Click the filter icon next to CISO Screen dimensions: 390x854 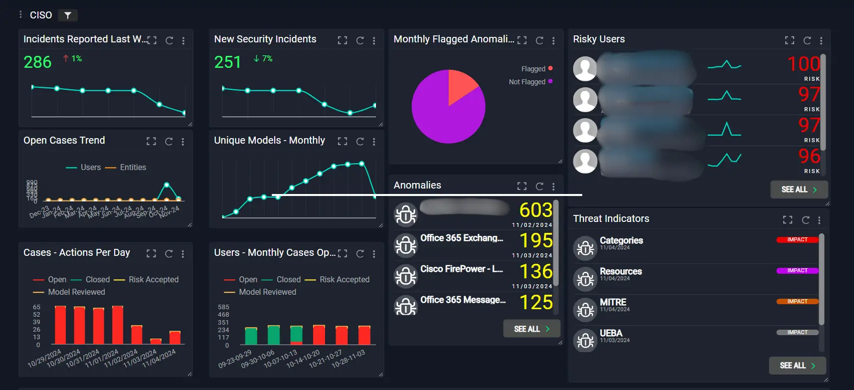(67, 15)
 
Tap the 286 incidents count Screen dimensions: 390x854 (37, 62)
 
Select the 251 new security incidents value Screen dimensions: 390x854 (228, 62)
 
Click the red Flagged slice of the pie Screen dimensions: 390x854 (461, 85)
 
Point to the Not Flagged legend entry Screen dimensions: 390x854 (527, 82)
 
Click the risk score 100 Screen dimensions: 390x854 (803, 64)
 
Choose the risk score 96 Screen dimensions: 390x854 (809, 157)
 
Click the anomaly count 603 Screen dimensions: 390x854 (536, 210)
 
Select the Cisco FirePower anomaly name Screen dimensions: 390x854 (461, 269)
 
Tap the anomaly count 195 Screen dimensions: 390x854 (536, 241)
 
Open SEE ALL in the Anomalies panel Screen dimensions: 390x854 (531, 329)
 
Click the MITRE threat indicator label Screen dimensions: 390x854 (613, 302)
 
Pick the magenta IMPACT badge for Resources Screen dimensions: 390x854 (797, 271)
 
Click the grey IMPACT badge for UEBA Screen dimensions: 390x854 (797, 333)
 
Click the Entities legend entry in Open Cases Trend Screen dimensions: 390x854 (133, 168)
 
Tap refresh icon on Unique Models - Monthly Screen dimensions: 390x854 (360, 142)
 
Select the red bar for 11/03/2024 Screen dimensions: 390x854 (156, 341)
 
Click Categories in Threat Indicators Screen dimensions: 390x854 (621, 240)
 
